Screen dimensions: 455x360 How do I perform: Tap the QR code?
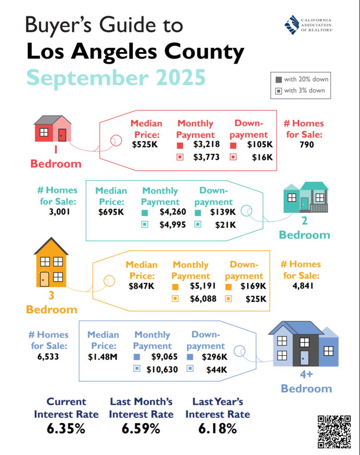coord(334,431)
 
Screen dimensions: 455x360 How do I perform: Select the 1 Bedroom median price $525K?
coord(144,145)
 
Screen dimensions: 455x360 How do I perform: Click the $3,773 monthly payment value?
coord(206,157)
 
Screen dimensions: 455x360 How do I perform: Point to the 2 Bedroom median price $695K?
coord(111,212)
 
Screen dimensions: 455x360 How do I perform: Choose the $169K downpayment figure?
coord(253,286)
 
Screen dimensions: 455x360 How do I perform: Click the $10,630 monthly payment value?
coord(164,369)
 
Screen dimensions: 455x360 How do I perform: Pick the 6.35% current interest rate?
coord(66,429)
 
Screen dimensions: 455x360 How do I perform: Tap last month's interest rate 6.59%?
coord(141,429)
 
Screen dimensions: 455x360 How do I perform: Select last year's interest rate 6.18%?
coord(218,429)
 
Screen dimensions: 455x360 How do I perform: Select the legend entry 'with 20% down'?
coord(302,80)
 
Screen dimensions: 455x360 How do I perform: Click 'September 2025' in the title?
coord(116,77)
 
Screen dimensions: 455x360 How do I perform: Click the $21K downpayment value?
coord(225,225)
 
